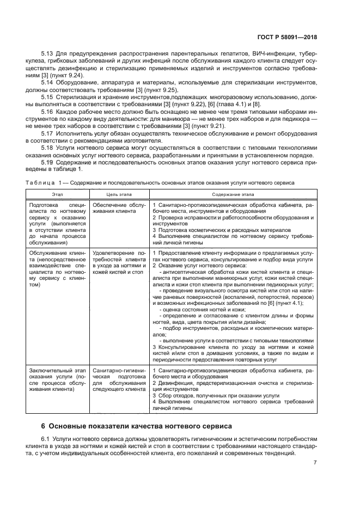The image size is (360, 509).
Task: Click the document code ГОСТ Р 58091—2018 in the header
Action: pos(287,38)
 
